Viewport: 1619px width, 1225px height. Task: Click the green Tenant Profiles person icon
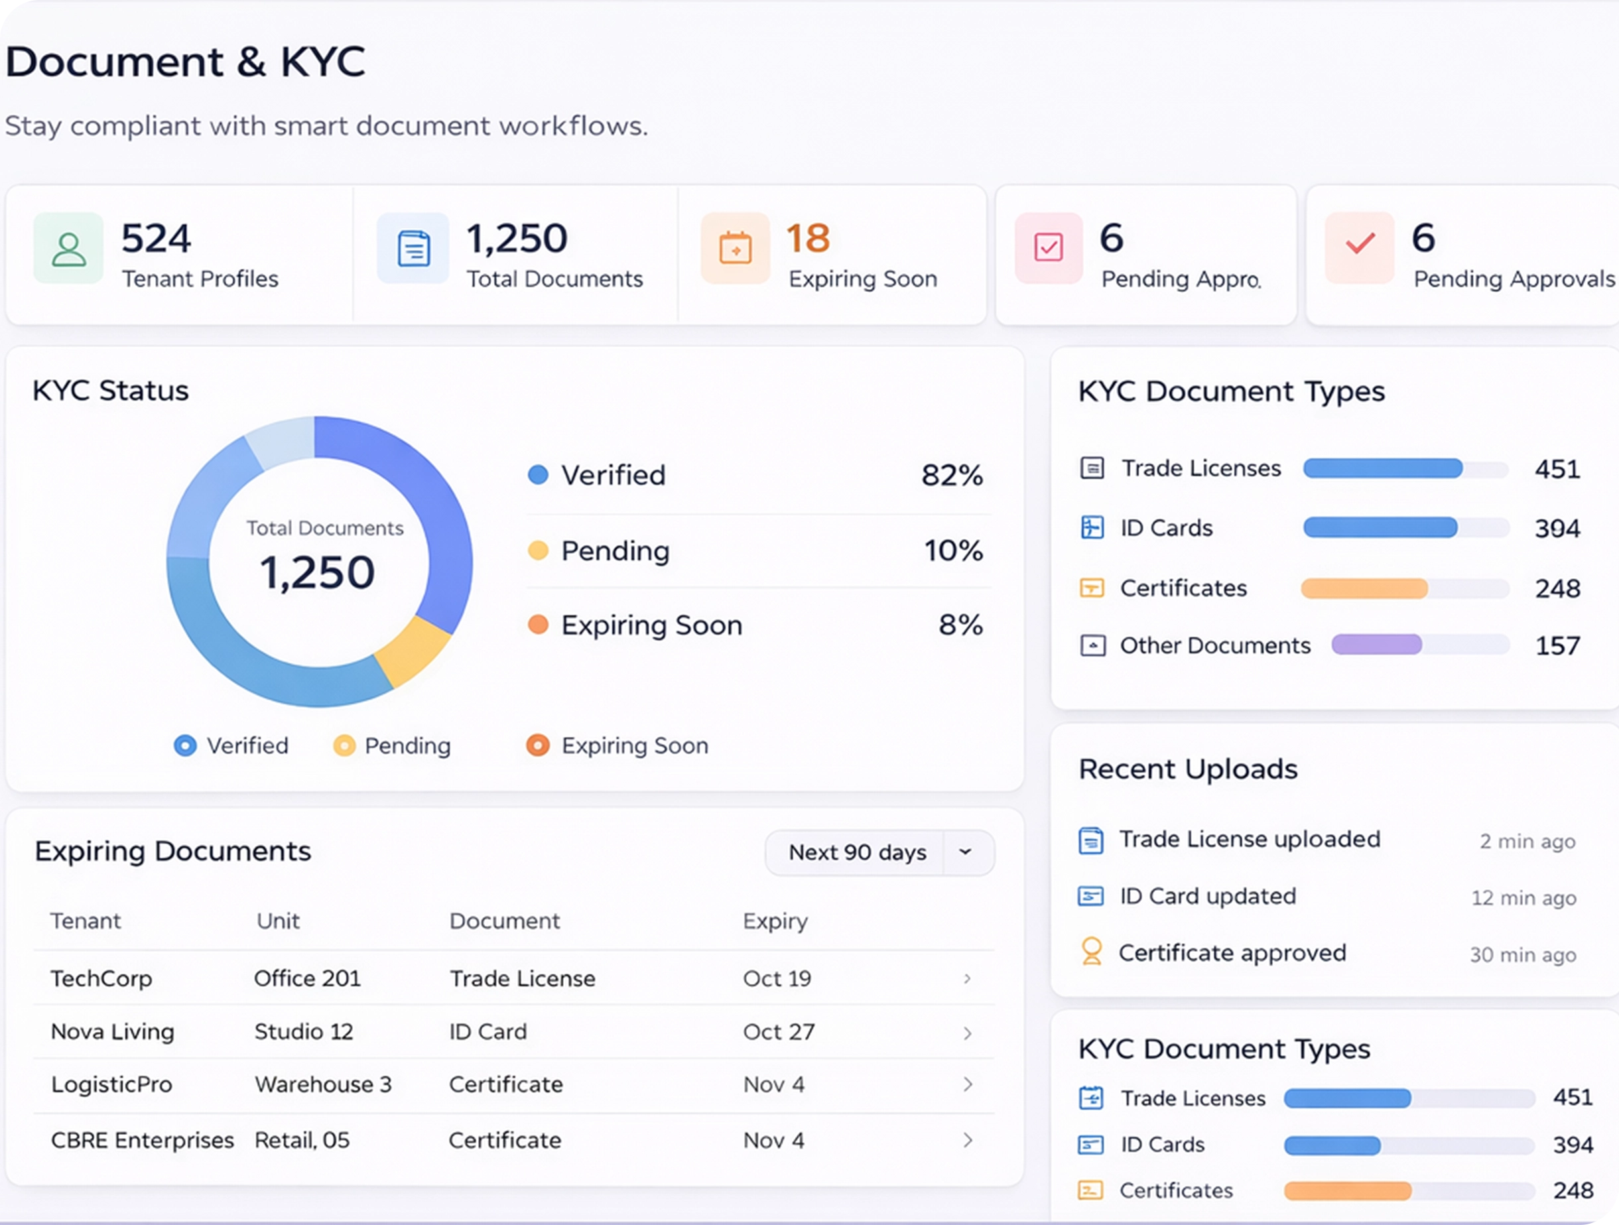click(x=68, y=249)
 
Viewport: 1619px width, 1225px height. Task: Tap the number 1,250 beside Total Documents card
click(x=517, y=239)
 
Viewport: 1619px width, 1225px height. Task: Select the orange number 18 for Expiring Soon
click(x=808, y=239)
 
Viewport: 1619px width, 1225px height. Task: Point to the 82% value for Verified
click(x=952, y=476)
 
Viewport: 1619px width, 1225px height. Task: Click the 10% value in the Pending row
click(x=953, y=551)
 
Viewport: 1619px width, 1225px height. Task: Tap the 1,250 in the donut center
click(x=317, y=572)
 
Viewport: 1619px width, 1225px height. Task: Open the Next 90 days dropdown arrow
click(x=966, y=852)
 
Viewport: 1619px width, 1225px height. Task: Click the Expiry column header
click(x=775, y=921)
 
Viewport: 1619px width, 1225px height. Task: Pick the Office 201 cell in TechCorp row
click(x=307, y=978)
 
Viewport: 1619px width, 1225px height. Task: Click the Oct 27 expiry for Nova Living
click(x=778, y=1032)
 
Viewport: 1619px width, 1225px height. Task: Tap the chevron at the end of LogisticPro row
click(x=968, y=1084)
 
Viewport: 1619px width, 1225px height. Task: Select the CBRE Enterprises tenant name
click(x=143, y=1140)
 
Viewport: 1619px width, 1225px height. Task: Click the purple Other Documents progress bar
click(x=1376, y=645)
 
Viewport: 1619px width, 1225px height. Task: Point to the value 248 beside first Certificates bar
click(x=1557, y=588)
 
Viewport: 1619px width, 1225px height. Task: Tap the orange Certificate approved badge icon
click(x=1091, y=952)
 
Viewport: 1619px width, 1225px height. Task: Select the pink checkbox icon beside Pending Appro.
click(x=1048, y=247)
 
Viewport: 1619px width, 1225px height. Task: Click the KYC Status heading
click(x=111, y=391)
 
